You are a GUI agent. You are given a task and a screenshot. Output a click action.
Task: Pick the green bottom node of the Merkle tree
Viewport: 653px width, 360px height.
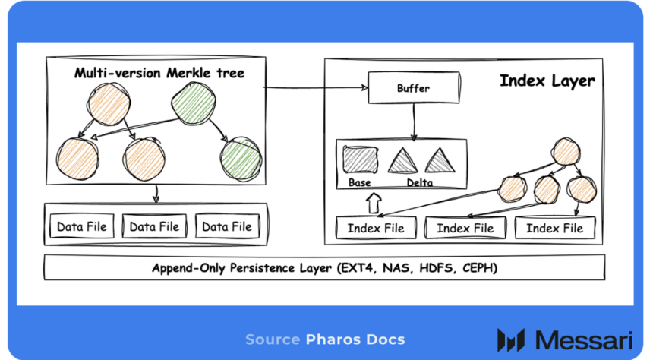241,157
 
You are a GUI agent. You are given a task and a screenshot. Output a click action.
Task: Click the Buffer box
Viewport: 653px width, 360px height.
413,88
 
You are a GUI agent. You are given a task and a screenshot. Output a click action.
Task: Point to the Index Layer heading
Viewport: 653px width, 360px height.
547,81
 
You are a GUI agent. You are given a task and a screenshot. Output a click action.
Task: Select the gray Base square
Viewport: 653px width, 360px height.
360,160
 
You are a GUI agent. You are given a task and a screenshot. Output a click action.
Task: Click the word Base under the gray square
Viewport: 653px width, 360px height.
360,183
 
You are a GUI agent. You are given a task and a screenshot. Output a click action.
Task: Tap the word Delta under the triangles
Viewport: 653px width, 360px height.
420,183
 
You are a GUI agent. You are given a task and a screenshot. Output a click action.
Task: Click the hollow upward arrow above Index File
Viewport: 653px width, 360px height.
372,203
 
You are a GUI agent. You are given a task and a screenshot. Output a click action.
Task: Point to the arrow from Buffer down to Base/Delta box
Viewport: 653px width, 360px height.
413,122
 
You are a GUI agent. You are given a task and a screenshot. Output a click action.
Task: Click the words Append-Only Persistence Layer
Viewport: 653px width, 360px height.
242,268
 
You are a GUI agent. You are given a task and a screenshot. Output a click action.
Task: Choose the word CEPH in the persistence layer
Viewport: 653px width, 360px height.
479,268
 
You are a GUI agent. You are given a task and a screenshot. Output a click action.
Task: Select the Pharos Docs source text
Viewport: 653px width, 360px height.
355,339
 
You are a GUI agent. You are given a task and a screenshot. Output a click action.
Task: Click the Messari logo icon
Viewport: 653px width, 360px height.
511,339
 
